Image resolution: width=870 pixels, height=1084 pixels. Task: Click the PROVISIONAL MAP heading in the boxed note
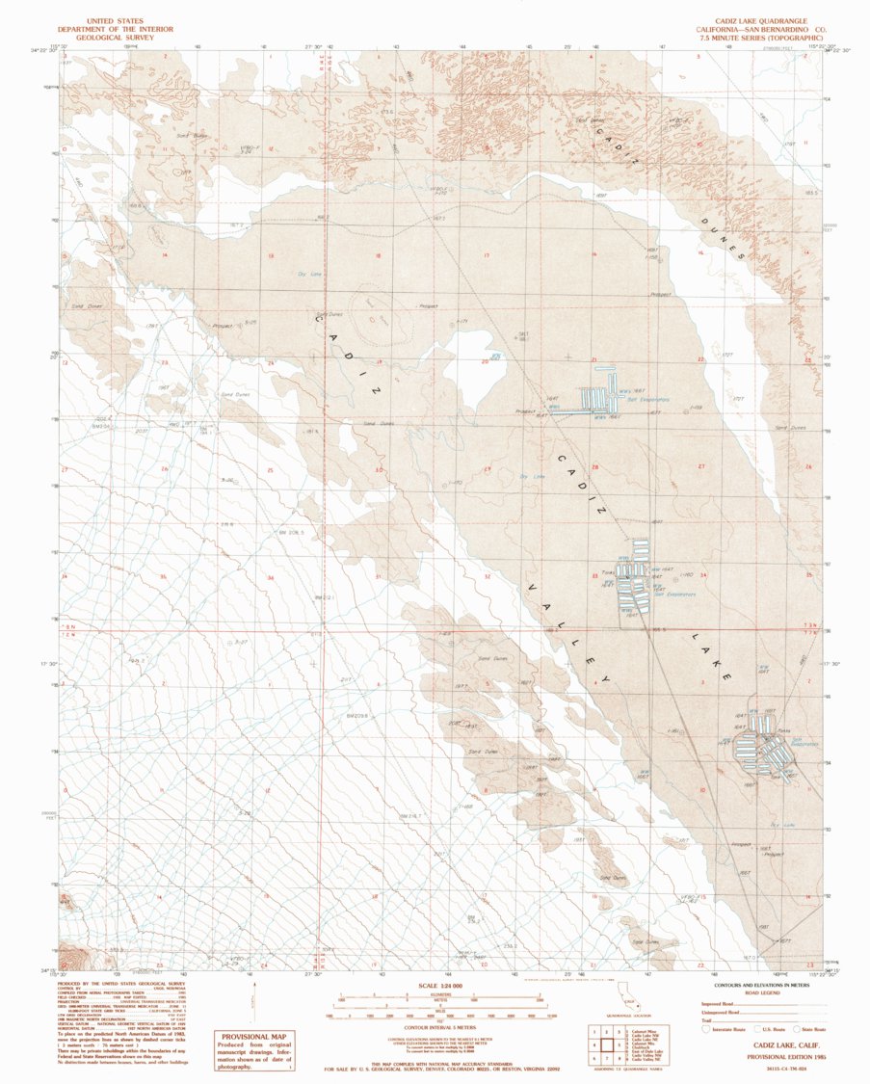[256, 1037]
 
